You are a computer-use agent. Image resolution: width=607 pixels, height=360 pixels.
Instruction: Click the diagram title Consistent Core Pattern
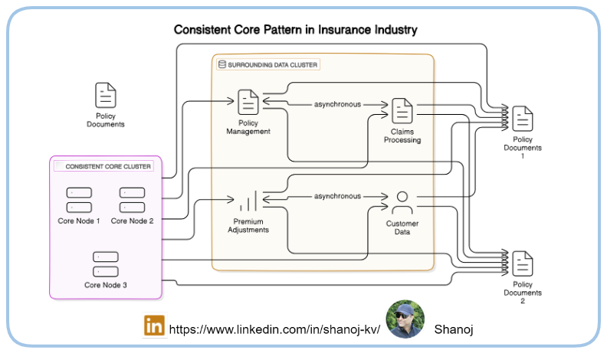[295, 31]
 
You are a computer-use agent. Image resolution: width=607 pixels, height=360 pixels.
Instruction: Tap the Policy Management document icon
[248, 102]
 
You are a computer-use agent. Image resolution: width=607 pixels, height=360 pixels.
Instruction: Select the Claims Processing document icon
[402, 110]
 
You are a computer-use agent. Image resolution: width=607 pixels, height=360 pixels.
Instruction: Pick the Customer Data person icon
[402, 204]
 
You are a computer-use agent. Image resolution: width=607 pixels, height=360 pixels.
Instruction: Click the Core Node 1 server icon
[79, 201]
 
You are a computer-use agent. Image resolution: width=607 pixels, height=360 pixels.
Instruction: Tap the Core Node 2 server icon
[133, 201]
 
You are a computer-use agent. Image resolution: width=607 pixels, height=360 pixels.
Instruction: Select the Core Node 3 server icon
[106, 264]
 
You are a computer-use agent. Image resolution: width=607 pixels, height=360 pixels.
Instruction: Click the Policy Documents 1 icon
[523, 118]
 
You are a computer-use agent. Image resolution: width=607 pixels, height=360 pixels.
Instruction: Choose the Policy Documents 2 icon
[523, 263]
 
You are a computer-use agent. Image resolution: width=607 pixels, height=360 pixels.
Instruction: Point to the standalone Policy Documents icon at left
[106, 95]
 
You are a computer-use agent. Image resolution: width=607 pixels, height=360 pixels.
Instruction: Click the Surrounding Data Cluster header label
[273, 65]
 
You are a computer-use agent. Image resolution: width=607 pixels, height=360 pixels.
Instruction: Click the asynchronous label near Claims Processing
[337, 104]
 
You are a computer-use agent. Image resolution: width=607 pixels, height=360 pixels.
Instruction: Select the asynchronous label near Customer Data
[337, 197]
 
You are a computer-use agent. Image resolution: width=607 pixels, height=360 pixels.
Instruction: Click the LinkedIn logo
[154, 326]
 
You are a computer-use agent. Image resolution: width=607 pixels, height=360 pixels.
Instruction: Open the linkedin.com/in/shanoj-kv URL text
[274, 329]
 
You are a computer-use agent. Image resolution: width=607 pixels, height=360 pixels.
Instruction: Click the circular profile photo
[405, 319]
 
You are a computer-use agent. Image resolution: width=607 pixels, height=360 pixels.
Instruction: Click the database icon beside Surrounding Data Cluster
[222, 65]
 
